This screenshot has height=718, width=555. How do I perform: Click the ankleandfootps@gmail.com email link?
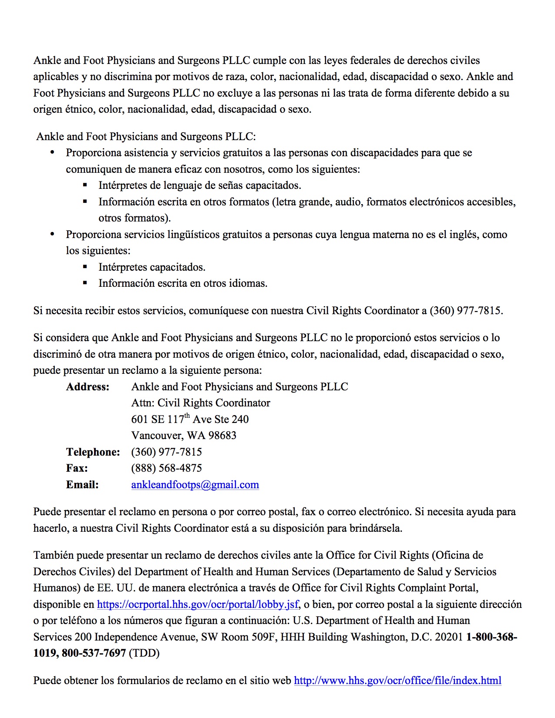point(195,485)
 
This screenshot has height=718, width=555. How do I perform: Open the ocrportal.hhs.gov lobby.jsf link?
point(198,604)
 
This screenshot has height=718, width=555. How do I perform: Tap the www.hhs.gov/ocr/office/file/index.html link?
point(397,681)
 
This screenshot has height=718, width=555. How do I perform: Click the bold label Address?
point(87,387)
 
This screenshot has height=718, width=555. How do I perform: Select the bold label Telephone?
point(93,452)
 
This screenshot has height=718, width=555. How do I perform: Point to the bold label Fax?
point(77,468)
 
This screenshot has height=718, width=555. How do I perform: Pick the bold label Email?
point(82,485)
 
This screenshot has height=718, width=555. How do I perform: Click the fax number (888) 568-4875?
point(166,468)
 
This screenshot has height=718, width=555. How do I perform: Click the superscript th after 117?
point(187,416)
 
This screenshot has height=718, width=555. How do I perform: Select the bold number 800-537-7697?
point(94,653)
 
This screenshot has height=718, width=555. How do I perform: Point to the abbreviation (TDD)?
point(144,653)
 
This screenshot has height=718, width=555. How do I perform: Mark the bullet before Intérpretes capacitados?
point(85,267)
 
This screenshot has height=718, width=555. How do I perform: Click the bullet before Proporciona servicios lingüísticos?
point(53,234)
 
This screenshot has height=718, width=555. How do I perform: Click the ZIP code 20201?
point(449,637)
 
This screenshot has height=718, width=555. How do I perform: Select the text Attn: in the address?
point(143,403)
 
